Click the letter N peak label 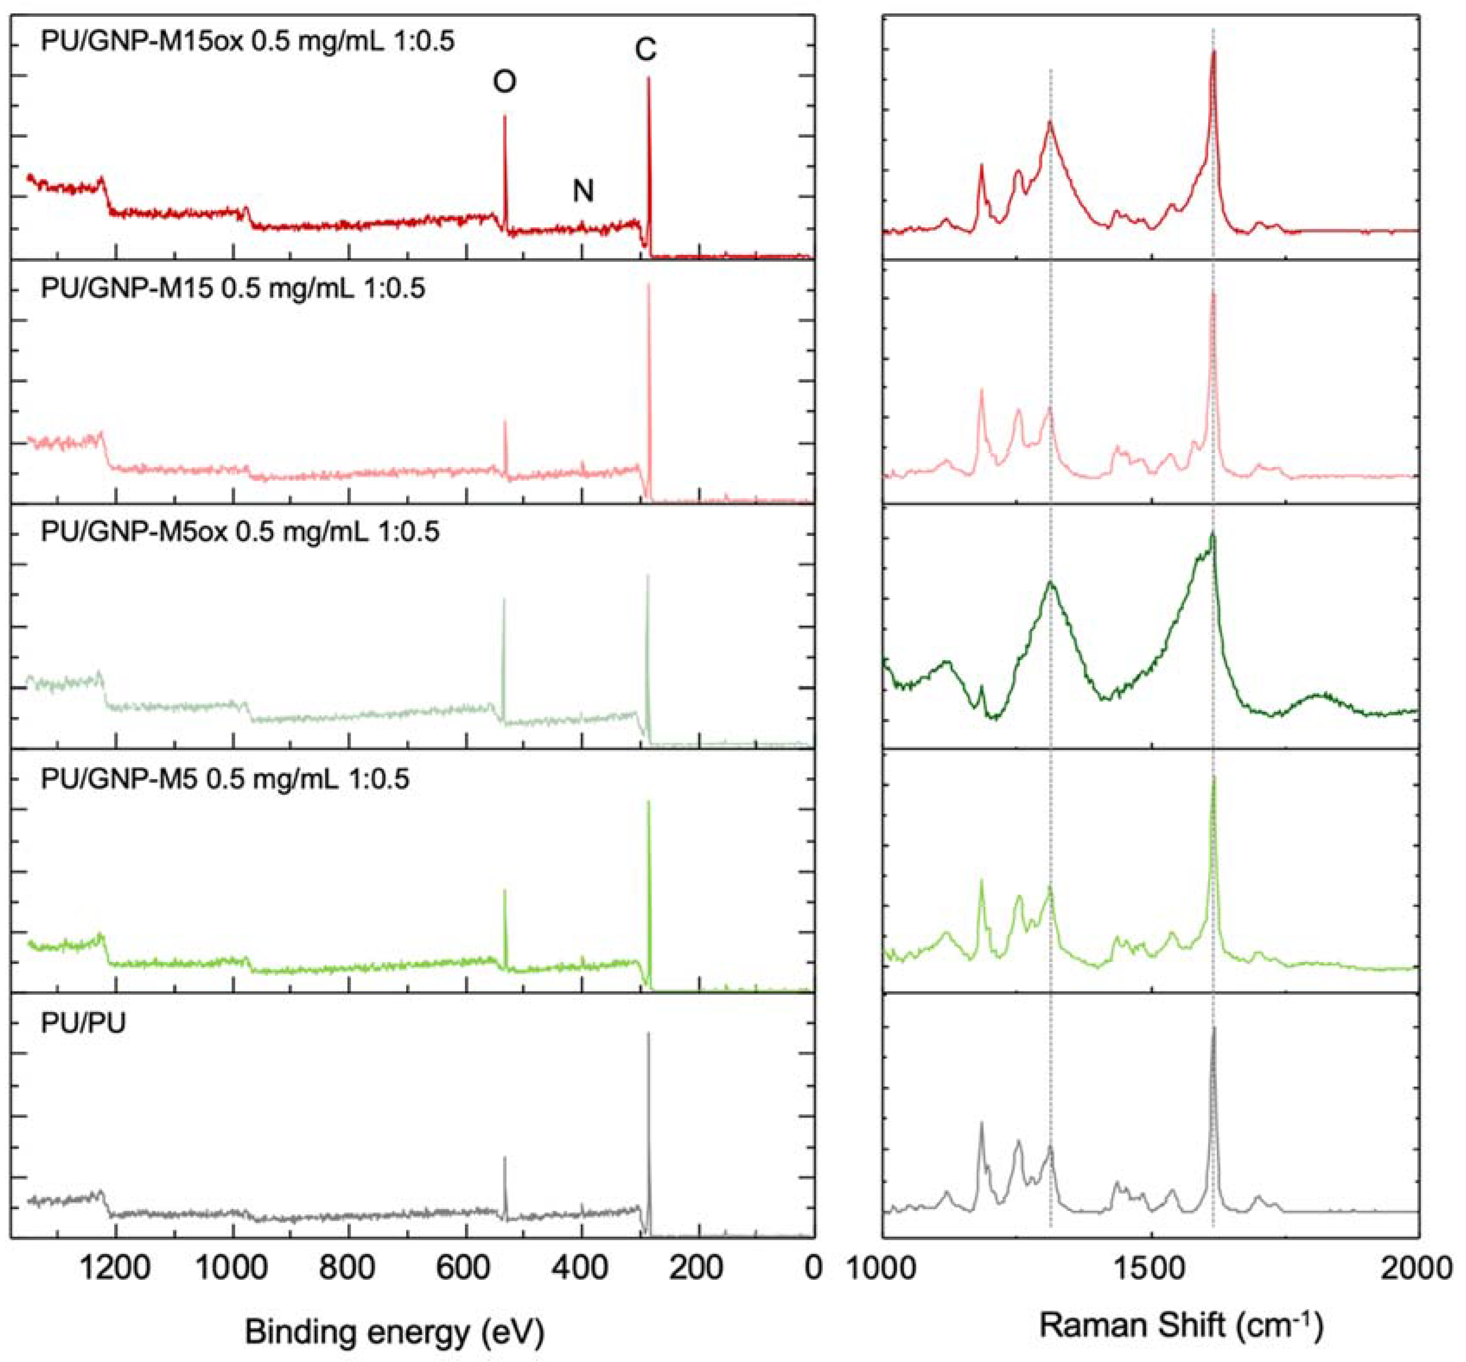click(x=583, y=191)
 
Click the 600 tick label click(x=466, y=1268)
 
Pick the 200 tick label click(x=698, y=1268)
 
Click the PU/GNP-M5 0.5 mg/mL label click(x=225, y=778)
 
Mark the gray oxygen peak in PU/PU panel click(x=505, y=1159)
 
